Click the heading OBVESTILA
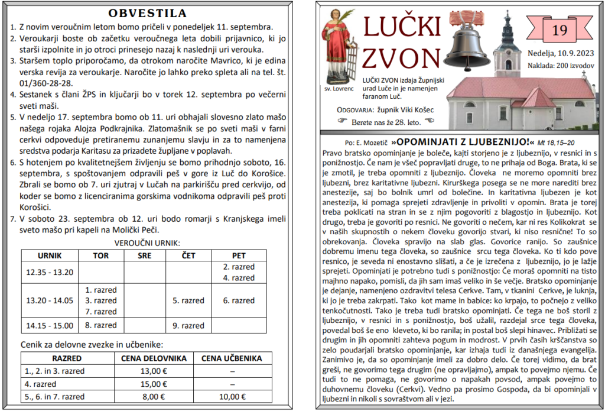click(x=148, y=13)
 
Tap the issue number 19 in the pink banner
click(x=558, y=29)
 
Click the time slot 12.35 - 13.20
click(x=50, y=272)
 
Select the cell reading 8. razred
click(x=101, y=325)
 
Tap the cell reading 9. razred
click(x=188, y=325)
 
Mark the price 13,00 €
click(x=154, y=371)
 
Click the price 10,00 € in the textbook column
click(x=232, y=396)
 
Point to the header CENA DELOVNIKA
click(x=154, y=358)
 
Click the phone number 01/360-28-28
click(x=43, y=83)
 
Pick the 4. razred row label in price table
click(x=41, y=384)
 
